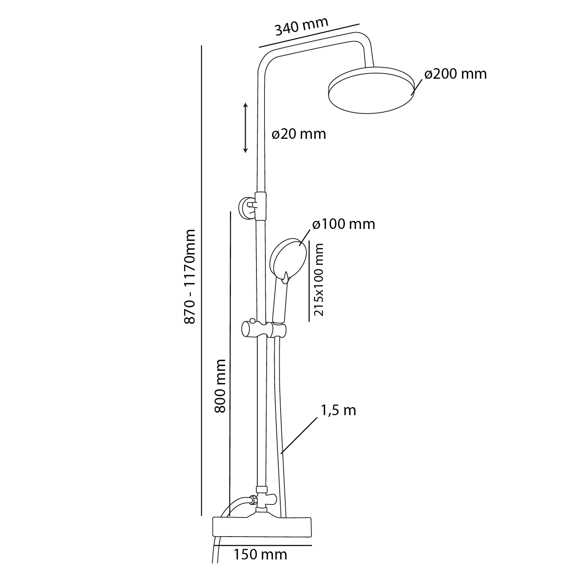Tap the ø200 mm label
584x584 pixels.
pyautogui.click(x=455, y=74)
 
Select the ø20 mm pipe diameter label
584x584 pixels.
pyautogui.click(x=299, y=134)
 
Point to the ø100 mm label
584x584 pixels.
pyautogui.click(x=344, y=224)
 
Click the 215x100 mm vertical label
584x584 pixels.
pyautogui.click(x=319, y=280)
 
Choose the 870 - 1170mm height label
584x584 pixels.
pyautogui.click(x=190, y=277)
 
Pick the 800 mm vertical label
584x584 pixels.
pyautogui.click(x=220, y=386)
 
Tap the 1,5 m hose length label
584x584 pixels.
pyautogui.click(x=338, y=410)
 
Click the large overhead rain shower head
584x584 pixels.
pyautogui.click(x=371, y=90)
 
